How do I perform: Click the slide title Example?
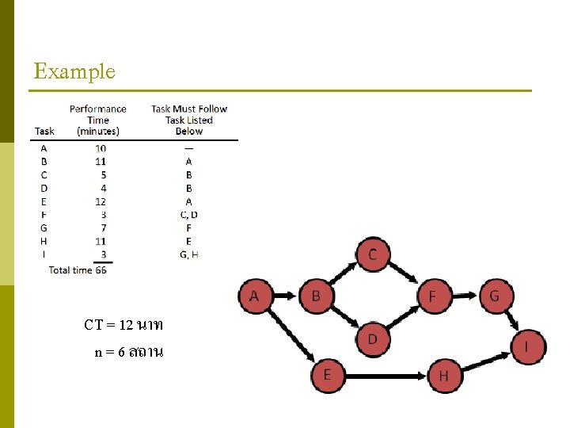(x=74, y=71)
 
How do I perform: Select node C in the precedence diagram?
(x=372, y=254)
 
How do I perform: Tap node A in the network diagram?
(x=255, y=296)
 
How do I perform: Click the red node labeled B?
(x=315, y=296)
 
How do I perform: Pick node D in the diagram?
(x=372, y=338)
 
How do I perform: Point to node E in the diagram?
(x=327, y=373)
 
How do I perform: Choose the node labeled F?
(x=432, y=296)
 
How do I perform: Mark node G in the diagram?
(x=495, y=296)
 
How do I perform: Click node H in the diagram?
(x=443, y=375)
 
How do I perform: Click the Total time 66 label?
(x=78, y=269)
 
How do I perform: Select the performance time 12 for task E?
(x=100, y=201)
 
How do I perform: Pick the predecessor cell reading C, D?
(x=188, y=214)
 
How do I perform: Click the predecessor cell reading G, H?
(x=188, y=254)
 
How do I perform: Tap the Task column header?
(x=45, y=131)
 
